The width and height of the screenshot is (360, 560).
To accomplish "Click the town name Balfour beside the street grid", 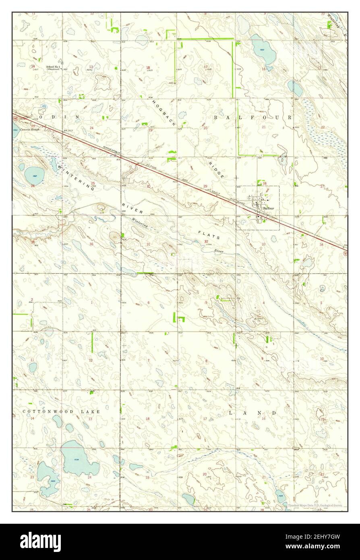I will click(x=269, y=208).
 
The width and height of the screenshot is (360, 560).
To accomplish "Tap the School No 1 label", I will click(x=53, y=66).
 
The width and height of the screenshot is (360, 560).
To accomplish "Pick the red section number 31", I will click(x=149, y=244).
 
